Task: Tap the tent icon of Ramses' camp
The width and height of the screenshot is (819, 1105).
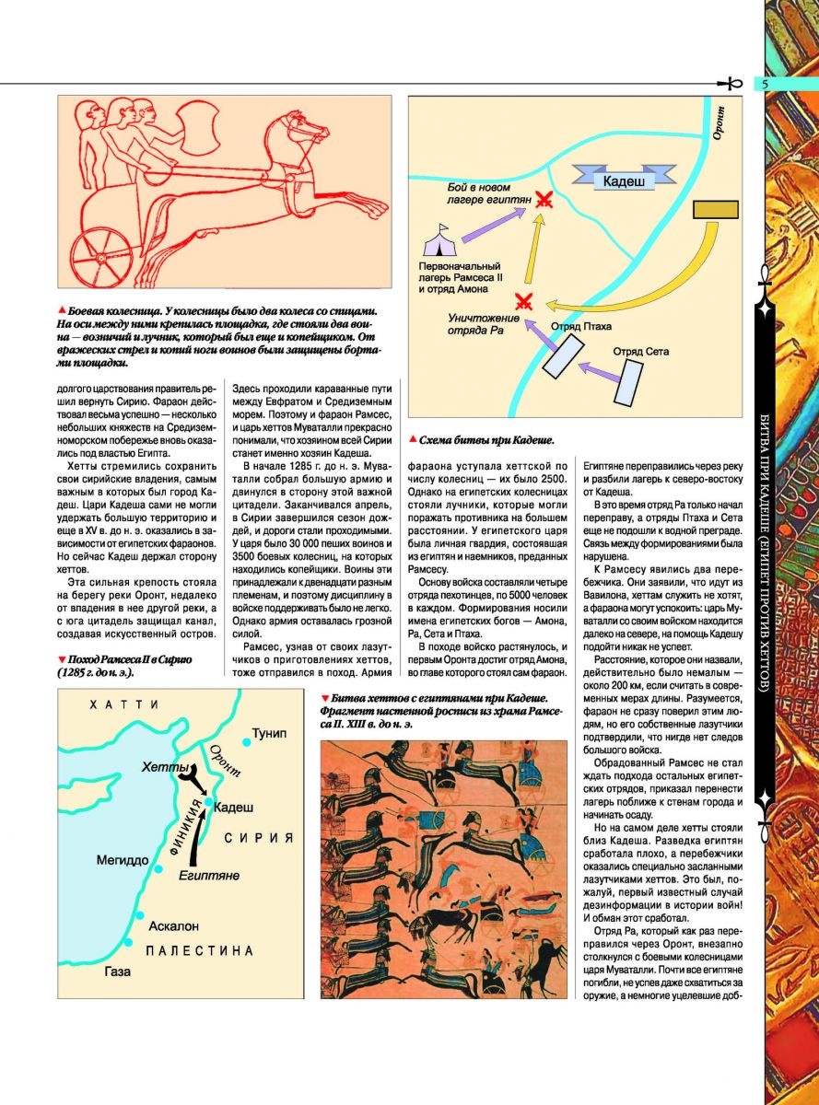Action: (x=438, y=243)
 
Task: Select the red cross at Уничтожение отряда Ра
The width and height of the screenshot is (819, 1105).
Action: (x=524, y=300)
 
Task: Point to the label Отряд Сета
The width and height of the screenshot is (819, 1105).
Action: (x=641, y=351)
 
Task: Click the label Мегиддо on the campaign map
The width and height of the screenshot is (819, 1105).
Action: (x=123, y=861)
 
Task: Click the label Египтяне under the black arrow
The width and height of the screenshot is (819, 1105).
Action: (x=209, y=875)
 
